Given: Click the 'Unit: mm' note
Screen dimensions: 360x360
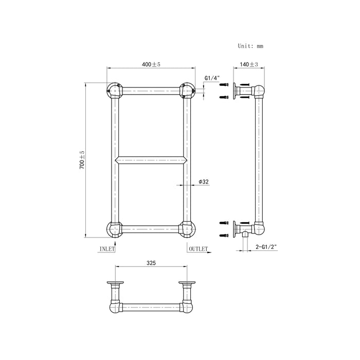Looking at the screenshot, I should point(250,46).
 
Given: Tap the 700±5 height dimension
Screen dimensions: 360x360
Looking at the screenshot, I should point(82,160).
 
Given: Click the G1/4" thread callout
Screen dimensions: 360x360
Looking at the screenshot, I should point(212,78).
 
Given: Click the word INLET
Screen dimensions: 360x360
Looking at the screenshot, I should point(106,248).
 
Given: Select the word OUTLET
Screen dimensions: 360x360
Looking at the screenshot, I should point(198,248).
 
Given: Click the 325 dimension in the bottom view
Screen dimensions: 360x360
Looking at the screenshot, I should point(151,262).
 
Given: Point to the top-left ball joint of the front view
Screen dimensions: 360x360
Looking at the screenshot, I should point(114,91).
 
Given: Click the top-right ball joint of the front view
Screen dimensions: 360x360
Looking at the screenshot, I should point(187,91).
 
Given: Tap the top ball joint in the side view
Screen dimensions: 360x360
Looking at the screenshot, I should point(258,93).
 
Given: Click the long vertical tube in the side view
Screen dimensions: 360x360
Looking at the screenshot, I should point(258,159).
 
